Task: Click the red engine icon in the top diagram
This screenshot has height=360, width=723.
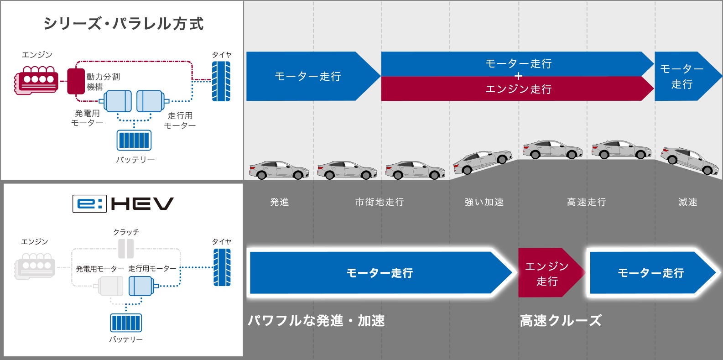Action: tap(36, 80)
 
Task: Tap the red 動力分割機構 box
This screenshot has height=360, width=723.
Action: tap(76, 81)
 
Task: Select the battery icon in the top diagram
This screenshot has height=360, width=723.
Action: tap(134, 140)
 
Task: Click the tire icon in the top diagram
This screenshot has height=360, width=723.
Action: tap(221, 81)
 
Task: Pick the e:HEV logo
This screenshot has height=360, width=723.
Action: tap(123, 203)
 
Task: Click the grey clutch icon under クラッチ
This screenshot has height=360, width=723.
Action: tap(126, 249)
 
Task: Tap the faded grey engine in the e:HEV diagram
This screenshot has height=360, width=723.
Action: tap(35, 266)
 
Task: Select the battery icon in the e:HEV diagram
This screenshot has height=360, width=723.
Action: tap(126, 323)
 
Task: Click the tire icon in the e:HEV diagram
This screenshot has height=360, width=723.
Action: tap(222, 267)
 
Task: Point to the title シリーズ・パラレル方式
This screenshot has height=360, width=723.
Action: tap(123, 24)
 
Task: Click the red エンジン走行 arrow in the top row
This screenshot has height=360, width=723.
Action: tap(517, 89)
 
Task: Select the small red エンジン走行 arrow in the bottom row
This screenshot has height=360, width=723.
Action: tap(550, 273)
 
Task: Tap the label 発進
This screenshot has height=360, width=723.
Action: tap(279, 202)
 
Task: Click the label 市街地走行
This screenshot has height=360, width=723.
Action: tap(380, 202)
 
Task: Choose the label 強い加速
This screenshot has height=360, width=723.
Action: tap(484, 202)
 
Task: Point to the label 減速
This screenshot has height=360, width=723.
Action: tap(687, 202)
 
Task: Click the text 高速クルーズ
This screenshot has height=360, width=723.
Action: tap(561, 321)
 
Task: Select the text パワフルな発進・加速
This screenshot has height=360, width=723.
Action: tap(316, 321)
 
